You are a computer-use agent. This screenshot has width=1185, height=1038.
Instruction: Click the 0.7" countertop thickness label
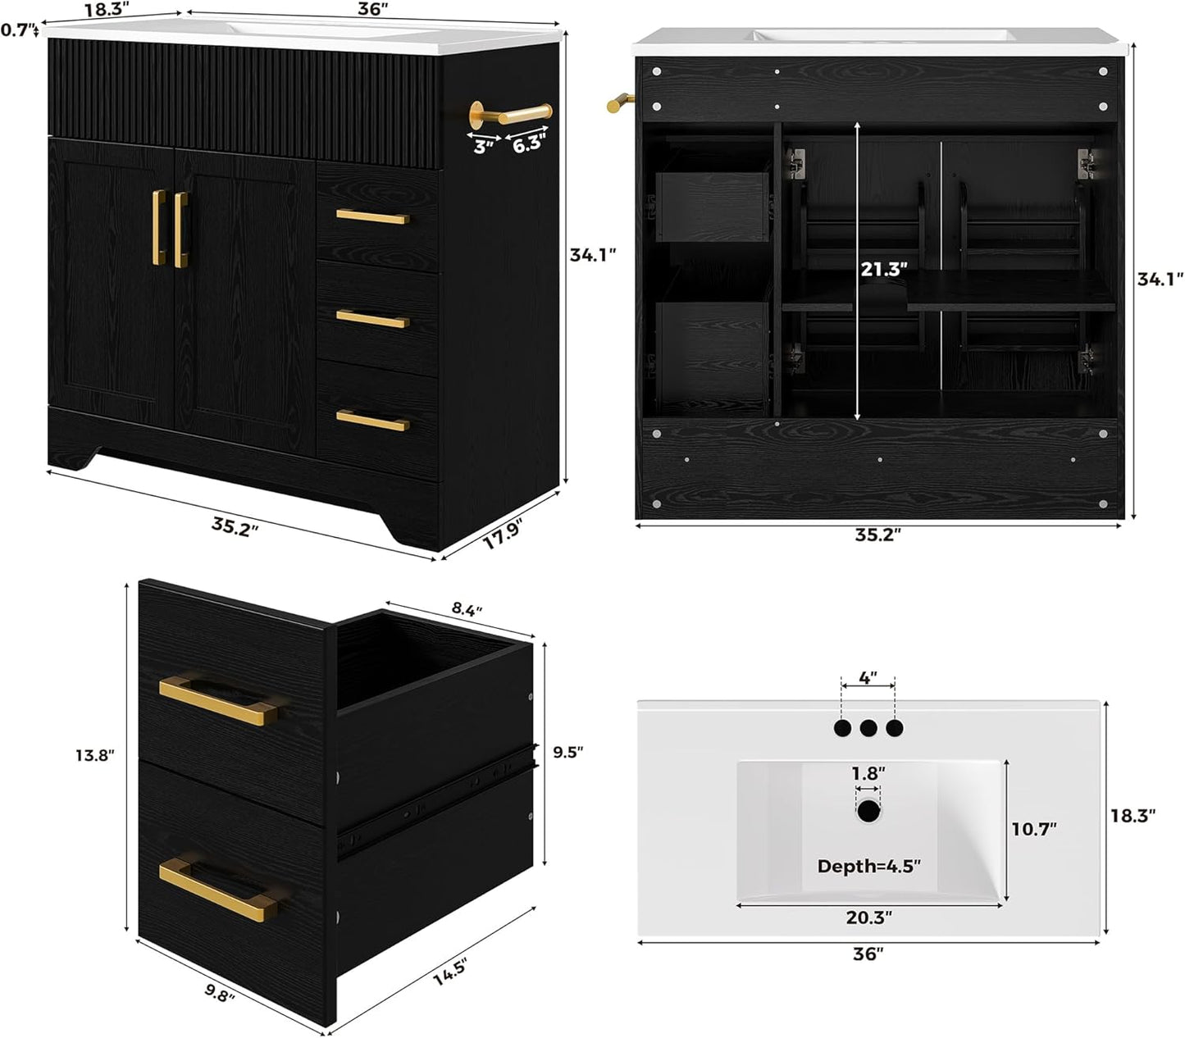(18, 30)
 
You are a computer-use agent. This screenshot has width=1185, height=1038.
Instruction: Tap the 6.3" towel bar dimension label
(527, 145)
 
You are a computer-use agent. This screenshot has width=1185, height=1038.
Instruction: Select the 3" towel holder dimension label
(484, 148)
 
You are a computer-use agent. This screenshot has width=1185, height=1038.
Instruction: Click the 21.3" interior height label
(883, 270)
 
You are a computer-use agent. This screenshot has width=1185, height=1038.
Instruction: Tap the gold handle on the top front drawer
(371, 217)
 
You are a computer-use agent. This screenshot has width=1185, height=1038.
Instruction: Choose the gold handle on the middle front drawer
(372, 318)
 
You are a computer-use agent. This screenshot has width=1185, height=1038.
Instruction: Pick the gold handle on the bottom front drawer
(372, 421)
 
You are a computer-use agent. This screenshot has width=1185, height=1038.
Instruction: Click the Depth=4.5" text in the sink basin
(868, 866)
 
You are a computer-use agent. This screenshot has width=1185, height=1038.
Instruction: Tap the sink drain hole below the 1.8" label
(868, 813)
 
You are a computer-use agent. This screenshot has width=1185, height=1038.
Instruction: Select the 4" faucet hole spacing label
(868, 678)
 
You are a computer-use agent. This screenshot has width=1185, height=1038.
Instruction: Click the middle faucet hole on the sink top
(868, 726)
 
